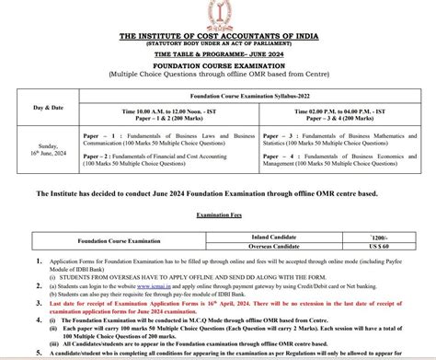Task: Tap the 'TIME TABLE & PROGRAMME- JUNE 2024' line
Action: pos(219,52)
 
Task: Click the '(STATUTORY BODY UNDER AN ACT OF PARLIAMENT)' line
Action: pos(219,42)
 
